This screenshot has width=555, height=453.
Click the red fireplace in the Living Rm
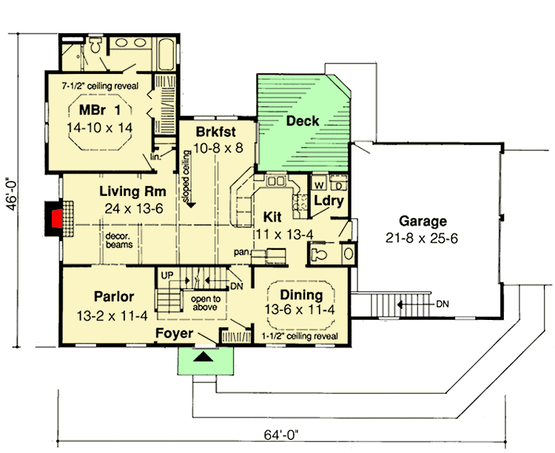(53, 219)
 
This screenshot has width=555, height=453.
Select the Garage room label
(423, 220)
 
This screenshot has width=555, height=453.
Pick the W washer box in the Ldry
(320, 181)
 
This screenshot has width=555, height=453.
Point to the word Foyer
(175, 333)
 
